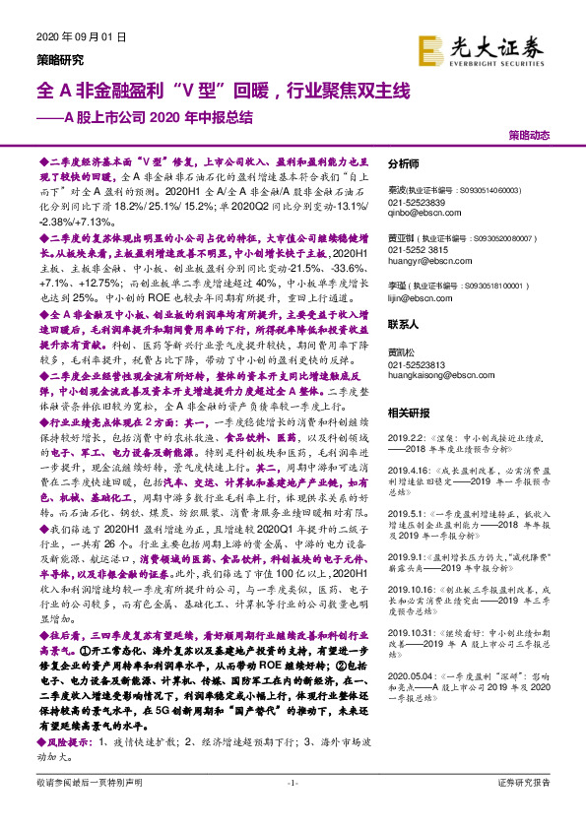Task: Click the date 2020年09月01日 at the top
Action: pyautogui.click(x=82, y=37)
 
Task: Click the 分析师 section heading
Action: pyautogui.click(x=404, y=164)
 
